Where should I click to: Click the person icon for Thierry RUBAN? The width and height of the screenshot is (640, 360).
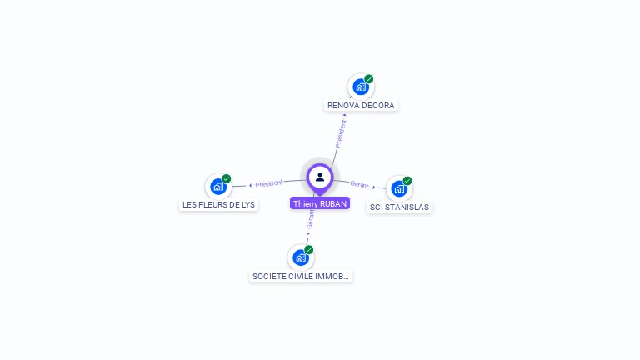click(320, 177)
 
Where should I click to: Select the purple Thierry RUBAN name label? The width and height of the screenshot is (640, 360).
click(320, 203)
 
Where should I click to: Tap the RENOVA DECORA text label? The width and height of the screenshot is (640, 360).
click(361, 106)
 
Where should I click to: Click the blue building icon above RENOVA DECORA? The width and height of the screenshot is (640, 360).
click(360, 87)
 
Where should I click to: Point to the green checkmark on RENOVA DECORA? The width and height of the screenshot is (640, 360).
click(369, 79)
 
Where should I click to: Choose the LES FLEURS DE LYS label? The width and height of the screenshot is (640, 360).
click(219, 205)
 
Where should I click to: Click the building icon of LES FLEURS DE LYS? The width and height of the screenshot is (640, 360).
click(218, 187)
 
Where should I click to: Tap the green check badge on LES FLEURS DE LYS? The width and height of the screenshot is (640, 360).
click(227, 179)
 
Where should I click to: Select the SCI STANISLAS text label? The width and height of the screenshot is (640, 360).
click(400, 207)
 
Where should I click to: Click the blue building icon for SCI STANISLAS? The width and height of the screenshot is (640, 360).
click(399, 188)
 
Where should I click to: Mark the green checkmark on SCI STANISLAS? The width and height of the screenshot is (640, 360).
click(407, 181)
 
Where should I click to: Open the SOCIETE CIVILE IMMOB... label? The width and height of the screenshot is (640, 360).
click(301, 276)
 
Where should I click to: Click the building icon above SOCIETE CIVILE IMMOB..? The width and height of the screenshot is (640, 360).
click(300, 257)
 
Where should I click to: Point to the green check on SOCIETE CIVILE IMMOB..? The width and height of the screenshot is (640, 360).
click(309, 250)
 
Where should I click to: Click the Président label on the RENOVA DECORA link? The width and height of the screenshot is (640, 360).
click(340, 134)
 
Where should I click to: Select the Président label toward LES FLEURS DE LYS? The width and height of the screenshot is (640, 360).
click(269, 183)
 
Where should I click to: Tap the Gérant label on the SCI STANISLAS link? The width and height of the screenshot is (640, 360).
click(359, 184)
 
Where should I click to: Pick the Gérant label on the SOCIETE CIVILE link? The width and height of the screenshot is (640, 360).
click(311, 219)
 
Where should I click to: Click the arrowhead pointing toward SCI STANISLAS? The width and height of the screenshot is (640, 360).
click(373, 187)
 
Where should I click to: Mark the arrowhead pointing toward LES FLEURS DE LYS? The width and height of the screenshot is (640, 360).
click(251, 185)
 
